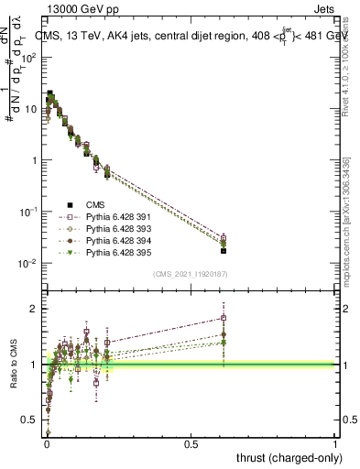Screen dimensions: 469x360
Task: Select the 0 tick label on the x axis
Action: (46, 443)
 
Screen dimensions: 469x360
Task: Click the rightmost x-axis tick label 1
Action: (335, 443)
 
